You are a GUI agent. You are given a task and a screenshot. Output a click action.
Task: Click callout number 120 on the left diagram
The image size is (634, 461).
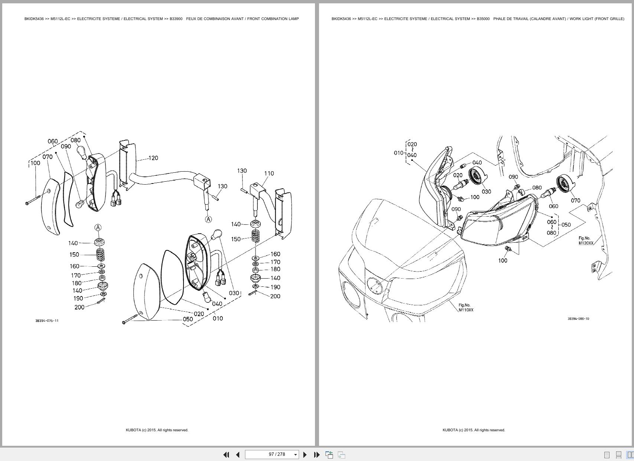[x=153, y=158]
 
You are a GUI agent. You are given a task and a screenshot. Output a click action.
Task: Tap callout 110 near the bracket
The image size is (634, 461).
[x=269, y=173]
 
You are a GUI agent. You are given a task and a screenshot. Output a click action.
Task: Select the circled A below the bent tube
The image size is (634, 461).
[x=208, y=219]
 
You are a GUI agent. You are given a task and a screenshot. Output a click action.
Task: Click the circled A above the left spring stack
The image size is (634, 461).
[x=98, y=227]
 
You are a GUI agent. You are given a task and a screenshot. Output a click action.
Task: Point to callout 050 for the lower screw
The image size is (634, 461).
[x=188, y=319]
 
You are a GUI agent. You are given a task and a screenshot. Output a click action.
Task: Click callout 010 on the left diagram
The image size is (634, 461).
[x=218, y=318]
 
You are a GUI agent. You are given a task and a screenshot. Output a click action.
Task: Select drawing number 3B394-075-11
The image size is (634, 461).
[x=47, y=321]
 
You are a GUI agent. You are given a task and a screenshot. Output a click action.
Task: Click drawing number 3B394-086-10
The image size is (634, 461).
[x=578, y=318]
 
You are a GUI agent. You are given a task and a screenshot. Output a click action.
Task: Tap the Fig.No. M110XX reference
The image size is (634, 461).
[x=466, y=308]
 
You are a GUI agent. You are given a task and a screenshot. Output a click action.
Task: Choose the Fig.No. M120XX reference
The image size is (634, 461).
[x=586, y=241]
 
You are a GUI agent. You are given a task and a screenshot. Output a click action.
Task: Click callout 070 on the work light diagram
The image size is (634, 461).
[x=575, y=200]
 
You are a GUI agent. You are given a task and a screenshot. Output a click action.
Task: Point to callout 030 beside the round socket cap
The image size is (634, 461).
[x=486, y=192]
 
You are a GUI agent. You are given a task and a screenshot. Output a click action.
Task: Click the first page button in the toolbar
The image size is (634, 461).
[x=226, y=454]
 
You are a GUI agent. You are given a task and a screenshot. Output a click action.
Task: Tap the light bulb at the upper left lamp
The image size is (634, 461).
[x=82, y=151]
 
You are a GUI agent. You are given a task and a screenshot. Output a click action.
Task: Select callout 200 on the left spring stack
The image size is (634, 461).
[x=79, y=307]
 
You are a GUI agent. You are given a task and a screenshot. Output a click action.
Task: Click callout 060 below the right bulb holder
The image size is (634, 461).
[x=553, y=206]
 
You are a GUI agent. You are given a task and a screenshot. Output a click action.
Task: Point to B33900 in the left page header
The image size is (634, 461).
[x=176, y=19]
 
